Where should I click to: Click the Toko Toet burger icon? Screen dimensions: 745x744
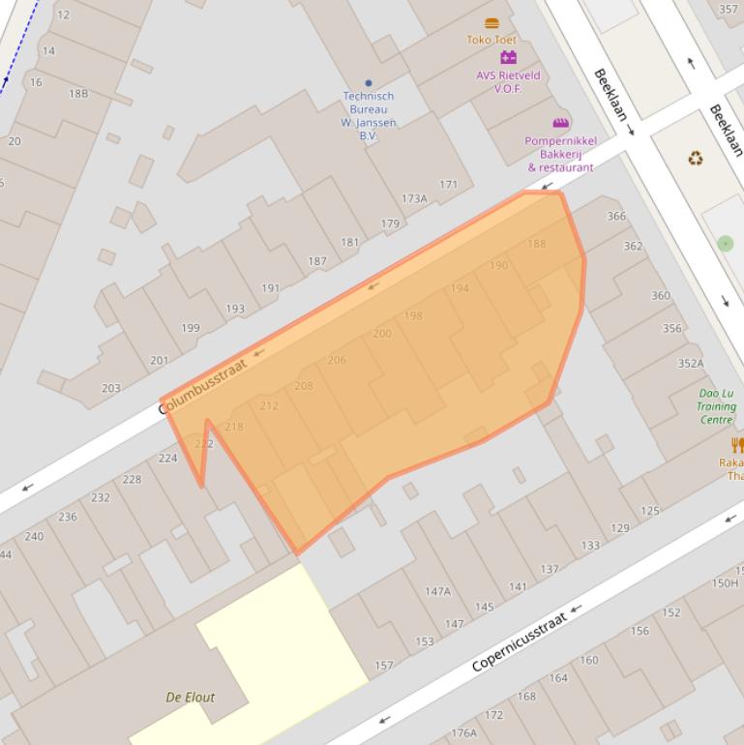491,23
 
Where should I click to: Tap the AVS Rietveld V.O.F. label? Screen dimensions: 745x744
508,81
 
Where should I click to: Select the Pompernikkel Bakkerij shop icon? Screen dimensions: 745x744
560,123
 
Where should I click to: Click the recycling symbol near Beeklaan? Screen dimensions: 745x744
695,158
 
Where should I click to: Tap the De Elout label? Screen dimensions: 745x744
191,697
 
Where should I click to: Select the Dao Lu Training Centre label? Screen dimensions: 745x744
716,406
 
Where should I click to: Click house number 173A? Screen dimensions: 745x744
414,198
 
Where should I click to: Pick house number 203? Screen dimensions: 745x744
111,388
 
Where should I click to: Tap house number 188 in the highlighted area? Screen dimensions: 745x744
536,244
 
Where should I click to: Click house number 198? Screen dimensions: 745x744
413,315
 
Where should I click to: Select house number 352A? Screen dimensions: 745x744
691,364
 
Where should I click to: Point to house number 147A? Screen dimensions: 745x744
437,591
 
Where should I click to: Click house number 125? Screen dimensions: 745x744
649,510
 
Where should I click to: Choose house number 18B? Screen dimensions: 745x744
78,94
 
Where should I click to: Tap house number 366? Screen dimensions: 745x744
616,216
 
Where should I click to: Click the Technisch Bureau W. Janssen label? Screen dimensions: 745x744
369,115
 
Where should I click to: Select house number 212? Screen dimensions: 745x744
269,405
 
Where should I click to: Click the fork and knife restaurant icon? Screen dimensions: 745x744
737,445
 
